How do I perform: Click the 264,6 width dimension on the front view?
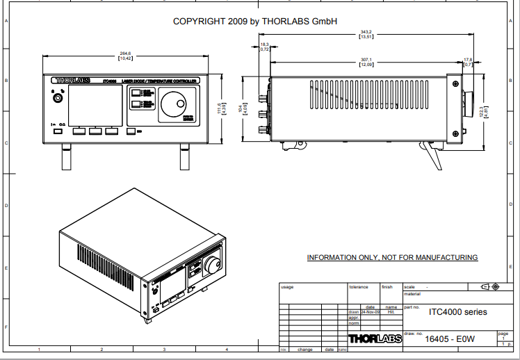(x=126, y=54)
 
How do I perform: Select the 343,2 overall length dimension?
(x=366, y=32)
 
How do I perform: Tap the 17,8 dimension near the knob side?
(x=468, y=60)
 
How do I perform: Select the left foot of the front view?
(x=66, y=157)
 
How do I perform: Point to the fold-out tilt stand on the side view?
(x=432, y=154)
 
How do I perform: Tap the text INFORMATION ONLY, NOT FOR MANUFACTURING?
(x=392, y=258)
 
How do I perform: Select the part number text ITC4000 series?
(x=457, y=311)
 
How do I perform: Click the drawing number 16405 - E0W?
(x=449, y=339)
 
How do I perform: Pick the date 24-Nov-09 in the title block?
(x=370, y=312)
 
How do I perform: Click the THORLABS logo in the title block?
(x=374, y=339)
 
